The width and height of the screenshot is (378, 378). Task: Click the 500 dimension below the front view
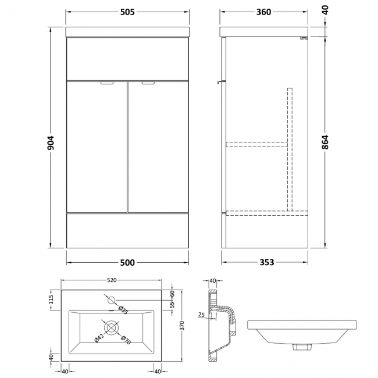pyautogui.click(x=127, y=263)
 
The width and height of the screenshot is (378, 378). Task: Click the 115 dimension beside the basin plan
pyautogui.click(x=51, y=299)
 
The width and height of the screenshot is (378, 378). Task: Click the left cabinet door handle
pyautogui.click(x=108, y=83)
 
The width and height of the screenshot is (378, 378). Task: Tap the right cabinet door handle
pyautogui.click(x=147, y=83)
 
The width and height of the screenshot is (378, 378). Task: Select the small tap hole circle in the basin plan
pyautogui.click(x=112, y=300)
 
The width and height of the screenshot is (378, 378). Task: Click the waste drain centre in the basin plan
pyautogui.click(x=110, y=327)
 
